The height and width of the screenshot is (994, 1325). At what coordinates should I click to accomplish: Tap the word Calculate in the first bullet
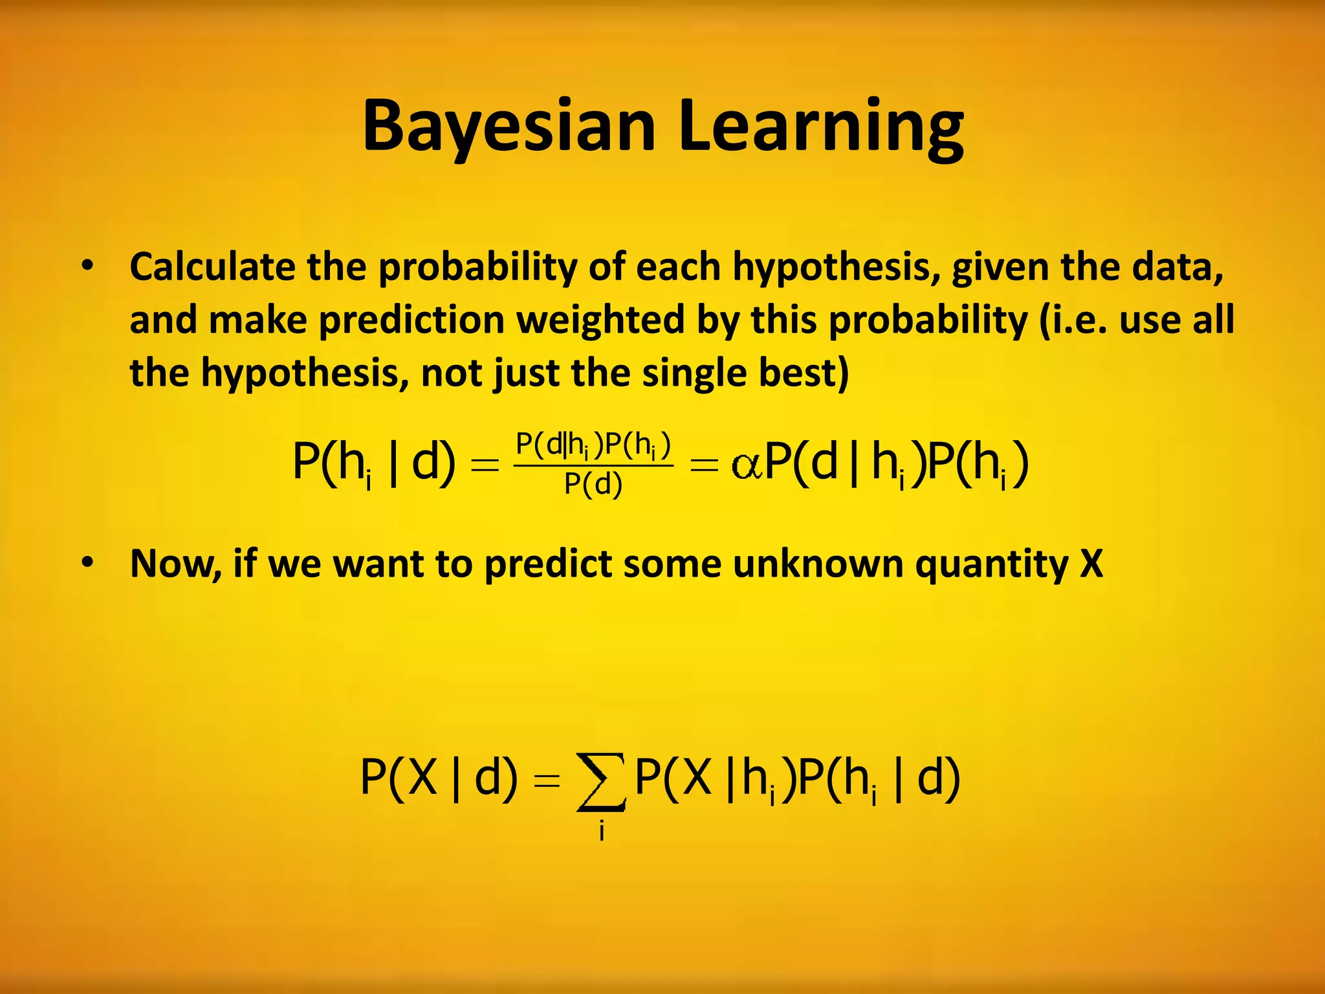pos(212,267)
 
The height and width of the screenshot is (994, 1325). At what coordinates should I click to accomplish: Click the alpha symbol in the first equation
pos(747,465)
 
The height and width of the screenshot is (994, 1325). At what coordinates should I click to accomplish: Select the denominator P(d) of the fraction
pos(593,484)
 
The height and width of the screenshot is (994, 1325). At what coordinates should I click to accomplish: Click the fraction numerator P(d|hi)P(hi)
pos(593,445)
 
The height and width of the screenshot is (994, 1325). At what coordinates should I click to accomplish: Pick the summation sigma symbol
pos(601,782)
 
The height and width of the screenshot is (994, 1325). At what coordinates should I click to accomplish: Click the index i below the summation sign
pos(602,830)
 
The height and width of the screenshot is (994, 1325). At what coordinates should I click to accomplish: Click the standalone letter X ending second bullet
pos(1091,564)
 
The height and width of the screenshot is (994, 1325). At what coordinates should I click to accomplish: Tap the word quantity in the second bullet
pos(991,564)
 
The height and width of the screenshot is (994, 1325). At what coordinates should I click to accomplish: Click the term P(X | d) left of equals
pos(439,779)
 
